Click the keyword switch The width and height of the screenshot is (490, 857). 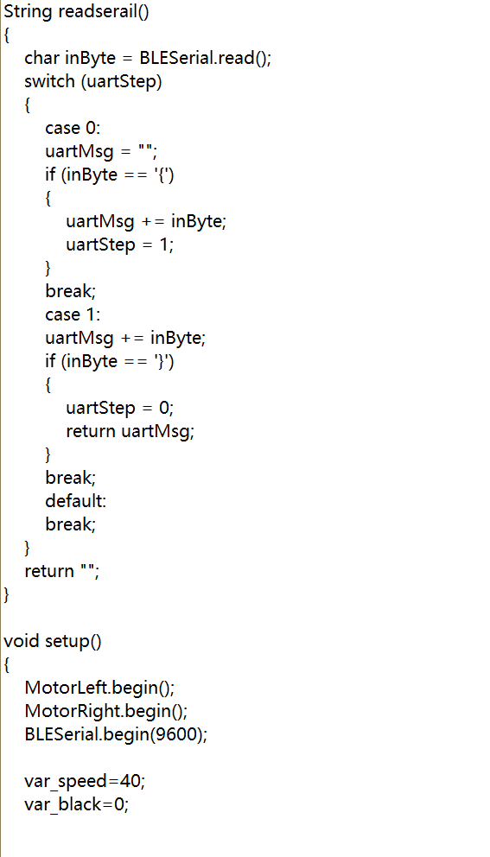pos(49,81)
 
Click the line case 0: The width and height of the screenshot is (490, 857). pos(73,128)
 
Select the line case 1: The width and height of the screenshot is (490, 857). pos(73,314)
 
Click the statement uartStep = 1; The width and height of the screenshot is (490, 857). pos(120,244)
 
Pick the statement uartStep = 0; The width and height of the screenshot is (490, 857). pos(120,409)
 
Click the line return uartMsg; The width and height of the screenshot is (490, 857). pos(130,432)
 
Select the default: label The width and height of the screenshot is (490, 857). pos(75,501)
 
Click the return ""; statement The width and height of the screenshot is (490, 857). pos(62,572)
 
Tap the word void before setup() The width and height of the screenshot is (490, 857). pos(22,641)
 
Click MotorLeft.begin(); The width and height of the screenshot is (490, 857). pos(99,689)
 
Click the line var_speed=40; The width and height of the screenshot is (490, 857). pos(85,782)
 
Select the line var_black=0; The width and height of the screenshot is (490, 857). pos(77,806)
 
